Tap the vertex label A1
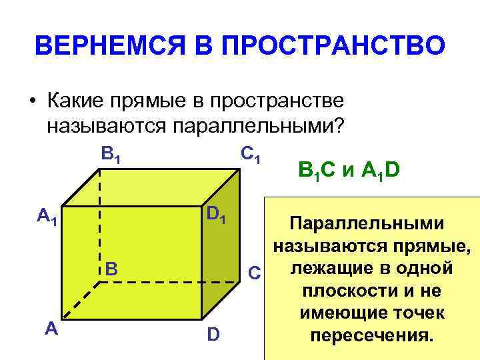47,216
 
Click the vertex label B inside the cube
112,268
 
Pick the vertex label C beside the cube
253,272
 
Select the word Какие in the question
75,102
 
